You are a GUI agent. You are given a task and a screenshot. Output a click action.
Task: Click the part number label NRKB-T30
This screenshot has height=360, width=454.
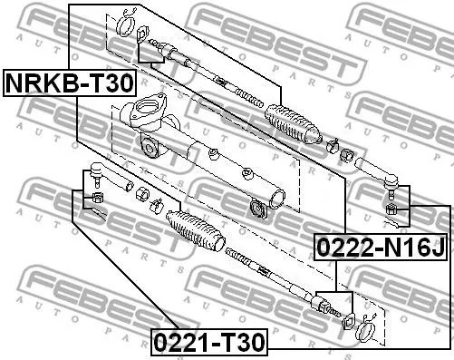coord(70,84)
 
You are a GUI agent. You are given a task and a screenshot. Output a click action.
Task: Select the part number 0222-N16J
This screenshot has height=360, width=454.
coord(382,245)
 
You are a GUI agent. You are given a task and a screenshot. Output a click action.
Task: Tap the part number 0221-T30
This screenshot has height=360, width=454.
coord(208,344)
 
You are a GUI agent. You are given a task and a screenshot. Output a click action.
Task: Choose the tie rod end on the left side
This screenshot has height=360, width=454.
coord(99,170)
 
